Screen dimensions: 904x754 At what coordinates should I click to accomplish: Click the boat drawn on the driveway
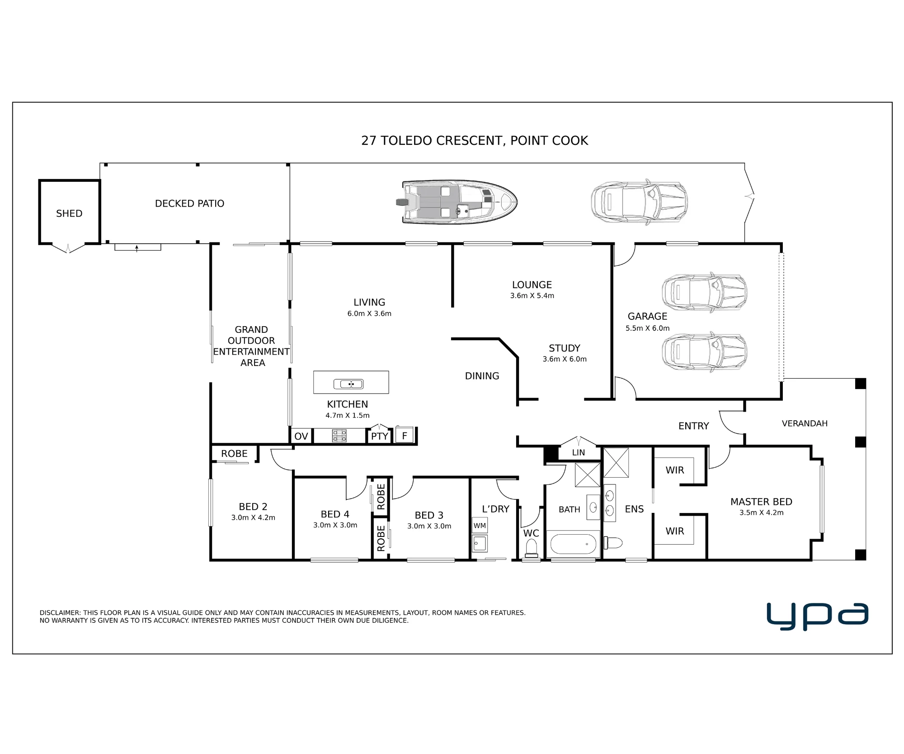(x=457, y=202)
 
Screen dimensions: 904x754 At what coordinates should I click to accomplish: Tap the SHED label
(x=69, y=213)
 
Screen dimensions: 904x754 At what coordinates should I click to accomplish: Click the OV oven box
(x=301, y=436)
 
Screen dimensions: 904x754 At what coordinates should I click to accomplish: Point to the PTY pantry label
(x=380, y=436)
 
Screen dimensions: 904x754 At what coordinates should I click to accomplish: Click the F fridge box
(x=405, y=436)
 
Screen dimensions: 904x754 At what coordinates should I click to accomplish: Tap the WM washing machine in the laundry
(x=480, y=526)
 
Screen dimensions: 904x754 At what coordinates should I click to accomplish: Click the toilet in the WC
(x=532, y=549)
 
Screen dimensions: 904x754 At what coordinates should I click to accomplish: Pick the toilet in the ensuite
(x=613, y=542)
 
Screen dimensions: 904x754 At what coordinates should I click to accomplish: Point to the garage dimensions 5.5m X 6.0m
(x=647, y=328)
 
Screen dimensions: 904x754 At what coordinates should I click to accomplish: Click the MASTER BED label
(x=761, y=502)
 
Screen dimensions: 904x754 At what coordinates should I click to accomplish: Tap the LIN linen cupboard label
(x=579, y=452)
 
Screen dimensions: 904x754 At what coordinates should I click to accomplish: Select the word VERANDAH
(x=805, y=423)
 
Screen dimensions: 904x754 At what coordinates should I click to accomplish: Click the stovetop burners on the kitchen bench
(x=339, y=436)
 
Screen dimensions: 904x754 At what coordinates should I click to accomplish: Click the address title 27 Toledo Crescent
(x=475, y=141)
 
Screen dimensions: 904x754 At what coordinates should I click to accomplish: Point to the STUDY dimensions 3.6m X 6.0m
(x=565, y=359)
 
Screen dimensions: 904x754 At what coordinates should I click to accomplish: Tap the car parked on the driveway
(x=640, y=202)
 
